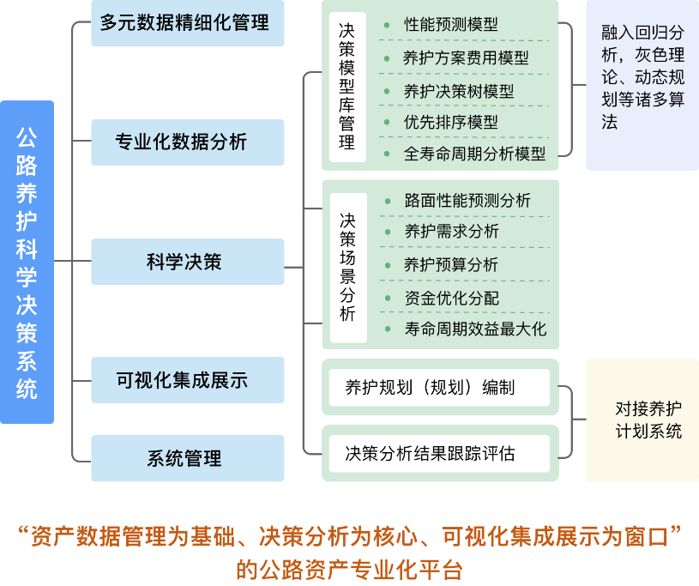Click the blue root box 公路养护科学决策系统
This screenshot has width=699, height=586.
point(27,262)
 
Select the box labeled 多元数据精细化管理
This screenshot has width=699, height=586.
point(187,22)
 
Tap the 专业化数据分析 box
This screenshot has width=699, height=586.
point(187,142)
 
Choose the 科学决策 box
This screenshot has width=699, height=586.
point(187,262)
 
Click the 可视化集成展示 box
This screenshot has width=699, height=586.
point(187,380)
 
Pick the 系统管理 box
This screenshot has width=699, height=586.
point(187,458)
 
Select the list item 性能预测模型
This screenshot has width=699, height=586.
point(451,25)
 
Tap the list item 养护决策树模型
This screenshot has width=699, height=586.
point(459,91)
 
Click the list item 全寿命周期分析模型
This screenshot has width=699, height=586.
point(475,154)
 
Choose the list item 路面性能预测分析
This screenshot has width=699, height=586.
point(467,201)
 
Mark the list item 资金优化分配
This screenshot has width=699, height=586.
point(451,298)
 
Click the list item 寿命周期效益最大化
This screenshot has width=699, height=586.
point(475,329)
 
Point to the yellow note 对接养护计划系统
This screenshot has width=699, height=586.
point(642,420)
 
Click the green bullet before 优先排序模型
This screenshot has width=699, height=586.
point(387,123)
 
